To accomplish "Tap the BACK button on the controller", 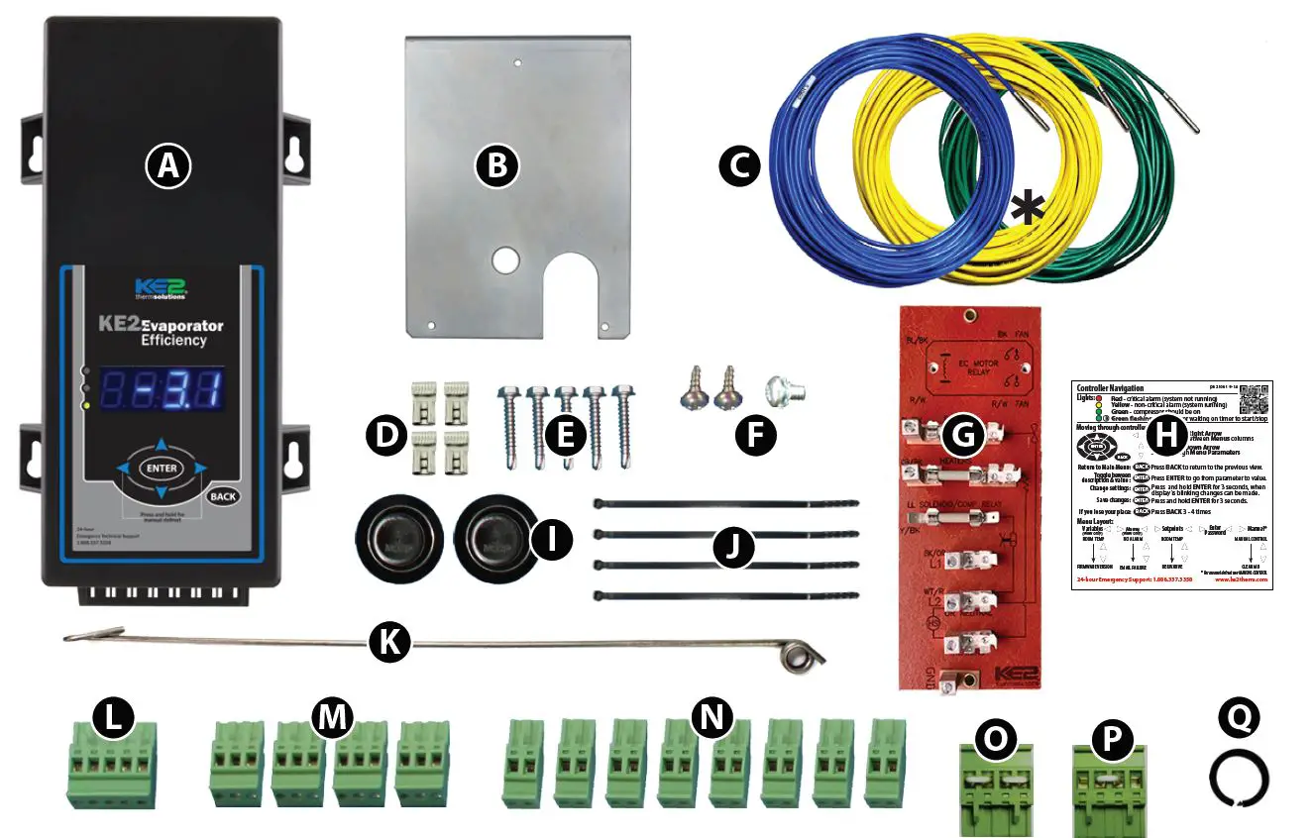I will point(224,495).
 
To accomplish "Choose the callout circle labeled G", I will point(961,434).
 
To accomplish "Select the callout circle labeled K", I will point(389,643).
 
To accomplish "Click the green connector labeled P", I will point(1109,787).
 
